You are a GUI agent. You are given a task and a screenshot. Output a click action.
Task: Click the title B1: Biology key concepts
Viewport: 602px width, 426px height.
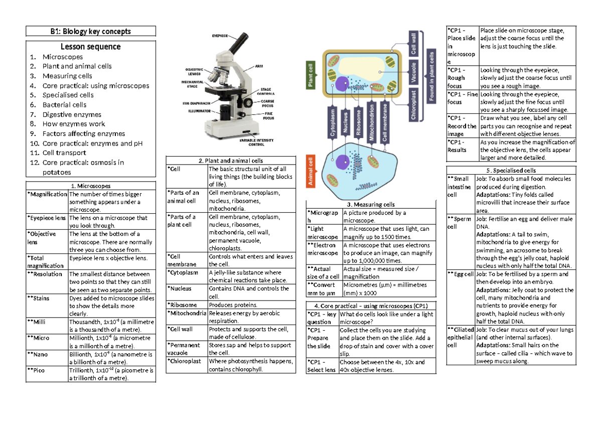point(90,31)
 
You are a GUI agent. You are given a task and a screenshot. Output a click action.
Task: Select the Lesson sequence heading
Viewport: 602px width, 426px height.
point(90,47)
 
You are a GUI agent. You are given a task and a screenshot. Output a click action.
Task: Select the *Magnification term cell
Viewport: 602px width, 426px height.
point(47,194)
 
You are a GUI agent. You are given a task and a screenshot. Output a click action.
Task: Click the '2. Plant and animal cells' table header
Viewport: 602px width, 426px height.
point(231,161)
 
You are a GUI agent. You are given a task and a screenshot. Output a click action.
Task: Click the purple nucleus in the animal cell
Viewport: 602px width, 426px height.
point(343,162)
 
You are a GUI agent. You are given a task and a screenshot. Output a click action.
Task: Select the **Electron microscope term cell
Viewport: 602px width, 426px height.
point(324,249)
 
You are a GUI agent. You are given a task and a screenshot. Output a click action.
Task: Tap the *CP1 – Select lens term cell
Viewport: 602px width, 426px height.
point(322,366)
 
